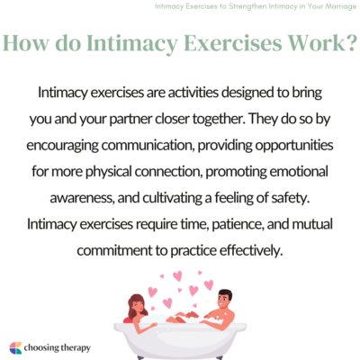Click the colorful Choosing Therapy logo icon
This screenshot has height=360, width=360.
pyautogui.click(x=15, y=346)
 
